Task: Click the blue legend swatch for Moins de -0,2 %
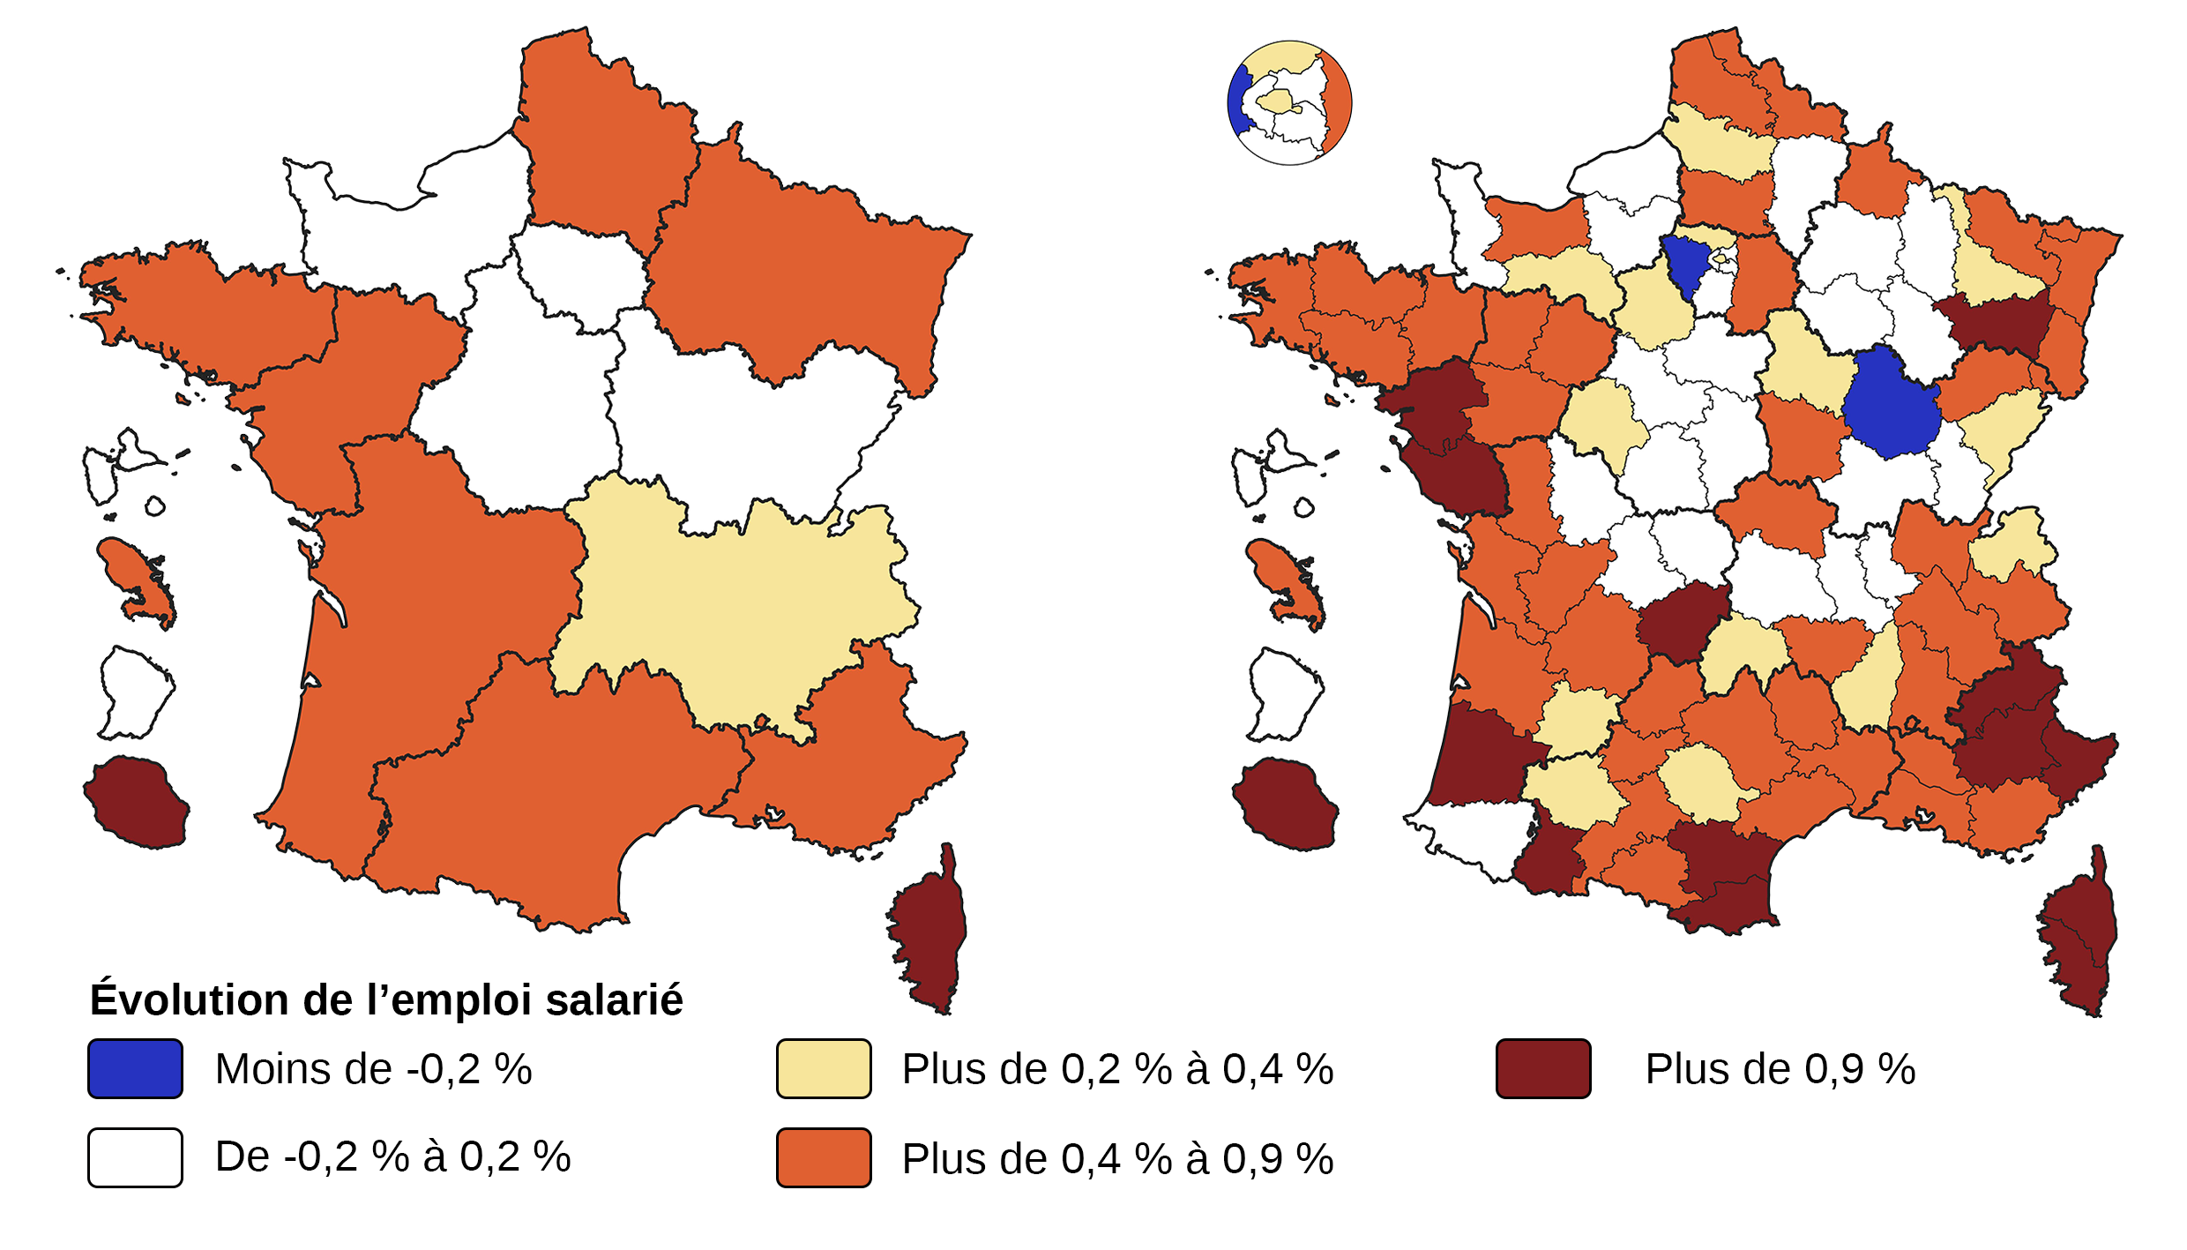[x=135, y=1068]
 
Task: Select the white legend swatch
[x=135, y=1157]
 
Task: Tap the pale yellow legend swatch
[x=824, y=1068]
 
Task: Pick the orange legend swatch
[x=824, y=1157]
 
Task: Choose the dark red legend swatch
[x=1543, y=1068]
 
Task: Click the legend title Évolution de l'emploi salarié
[x=386, y=1000]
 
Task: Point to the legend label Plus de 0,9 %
[x=1780, y=1069]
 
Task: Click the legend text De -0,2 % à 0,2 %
[x=392, y=1156]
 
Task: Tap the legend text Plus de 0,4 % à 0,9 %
[x=1117, y=1158]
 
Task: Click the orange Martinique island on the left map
[x=137, y=578]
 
